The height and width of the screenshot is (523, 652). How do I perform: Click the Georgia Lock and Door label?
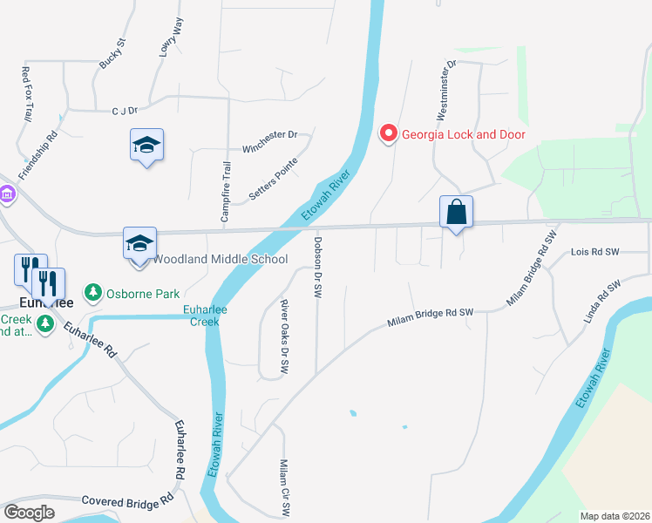tap(463, 134)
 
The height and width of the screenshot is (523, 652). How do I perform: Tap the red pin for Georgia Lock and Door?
tap(388, 134)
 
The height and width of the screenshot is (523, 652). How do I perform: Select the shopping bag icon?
tap(456, 213)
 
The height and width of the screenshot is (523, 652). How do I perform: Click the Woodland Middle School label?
tap(221, 260)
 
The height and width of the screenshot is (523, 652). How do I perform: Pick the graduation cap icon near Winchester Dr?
tap(147, 145)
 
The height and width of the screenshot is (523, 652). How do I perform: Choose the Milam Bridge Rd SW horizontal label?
tap(431, 318)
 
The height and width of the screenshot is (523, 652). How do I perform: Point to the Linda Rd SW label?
tap(603, 299)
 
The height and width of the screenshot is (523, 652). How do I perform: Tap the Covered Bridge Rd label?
tap(127, 501)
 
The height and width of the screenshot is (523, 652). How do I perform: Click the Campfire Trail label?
tap(227, 192)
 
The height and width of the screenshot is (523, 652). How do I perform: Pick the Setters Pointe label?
tap(274, 180)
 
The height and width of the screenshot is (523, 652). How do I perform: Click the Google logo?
tap(30, 513)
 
